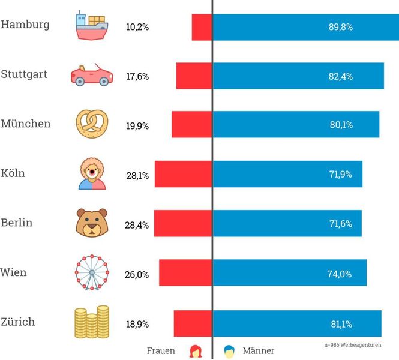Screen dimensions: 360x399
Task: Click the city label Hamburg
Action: (25, 25)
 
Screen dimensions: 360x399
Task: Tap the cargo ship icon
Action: (91, 25)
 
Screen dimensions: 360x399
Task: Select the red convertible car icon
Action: (91, 75)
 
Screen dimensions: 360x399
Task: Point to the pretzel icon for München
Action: (91, 124)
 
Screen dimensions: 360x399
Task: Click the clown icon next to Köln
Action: (91, 174)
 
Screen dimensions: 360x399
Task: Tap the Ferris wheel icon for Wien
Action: (91, 273)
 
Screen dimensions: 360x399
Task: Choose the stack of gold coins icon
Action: (91, 322)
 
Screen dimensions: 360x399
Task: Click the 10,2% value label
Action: (137, 27)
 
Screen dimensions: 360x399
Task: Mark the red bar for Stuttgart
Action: (194, 76)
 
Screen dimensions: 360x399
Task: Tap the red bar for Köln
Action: (183, 175)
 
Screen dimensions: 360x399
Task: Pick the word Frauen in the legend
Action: (161, 350)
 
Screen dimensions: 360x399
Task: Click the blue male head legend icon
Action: (229, 350)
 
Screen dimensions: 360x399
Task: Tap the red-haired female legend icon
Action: (195, 350)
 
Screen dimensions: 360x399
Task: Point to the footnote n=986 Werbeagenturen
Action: (352, 345)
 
